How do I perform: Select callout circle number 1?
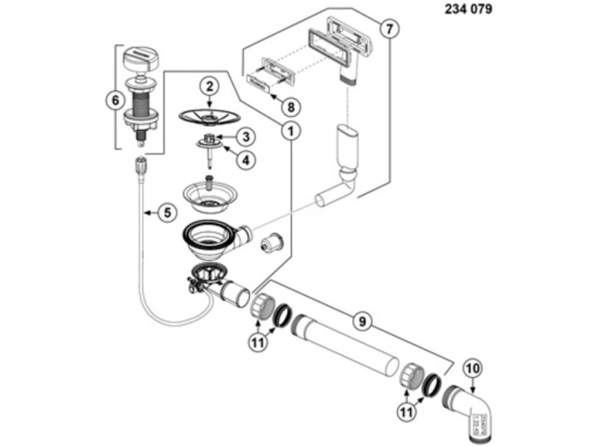290,130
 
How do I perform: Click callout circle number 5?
166,213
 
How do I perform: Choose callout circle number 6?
113,101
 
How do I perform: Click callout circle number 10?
473,368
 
